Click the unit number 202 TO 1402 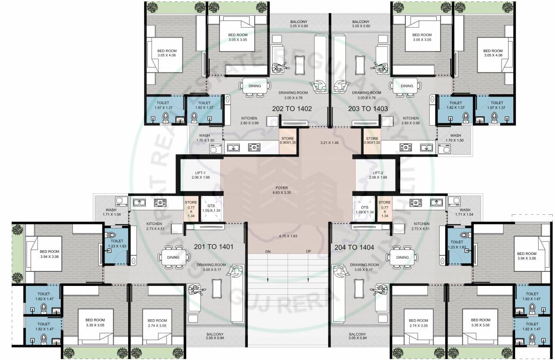tap(291, 109)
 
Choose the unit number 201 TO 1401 tap(213, 246)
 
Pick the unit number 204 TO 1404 tap(354, 247)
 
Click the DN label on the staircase tap(268, 252)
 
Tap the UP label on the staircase tap(308, 252)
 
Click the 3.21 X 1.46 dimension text tap(329, 142)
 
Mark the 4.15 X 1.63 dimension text tap(288, 235)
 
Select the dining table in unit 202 tap(255, 86)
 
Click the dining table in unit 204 tap(402, 257)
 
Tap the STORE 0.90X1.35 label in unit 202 tap(287, 140)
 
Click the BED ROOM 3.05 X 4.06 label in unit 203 tap(493, 53)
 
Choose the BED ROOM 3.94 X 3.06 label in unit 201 tap(49, 254)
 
